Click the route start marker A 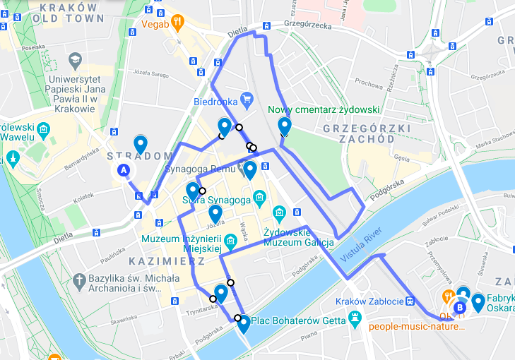coord(124,170)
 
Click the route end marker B coord(461,307)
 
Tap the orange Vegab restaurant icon coord(177,23)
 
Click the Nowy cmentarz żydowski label coord(324,110)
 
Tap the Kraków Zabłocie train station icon coord(409,300)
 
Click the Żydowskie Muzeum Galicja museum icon coord(279,212)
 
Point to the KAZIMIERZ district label coord(167,261)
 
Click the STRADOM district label coord(140,156)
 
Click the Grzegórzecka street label coord(307,24)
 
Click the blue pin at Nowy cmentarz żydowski coord(285,126)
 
